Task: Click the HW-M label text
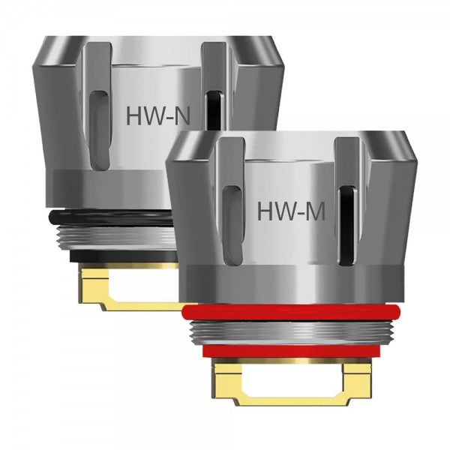[x=291, y=211]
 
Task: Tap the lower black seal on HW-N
[x=112, y=255]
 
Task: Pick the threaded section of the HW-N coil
[x=112, y=235]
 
